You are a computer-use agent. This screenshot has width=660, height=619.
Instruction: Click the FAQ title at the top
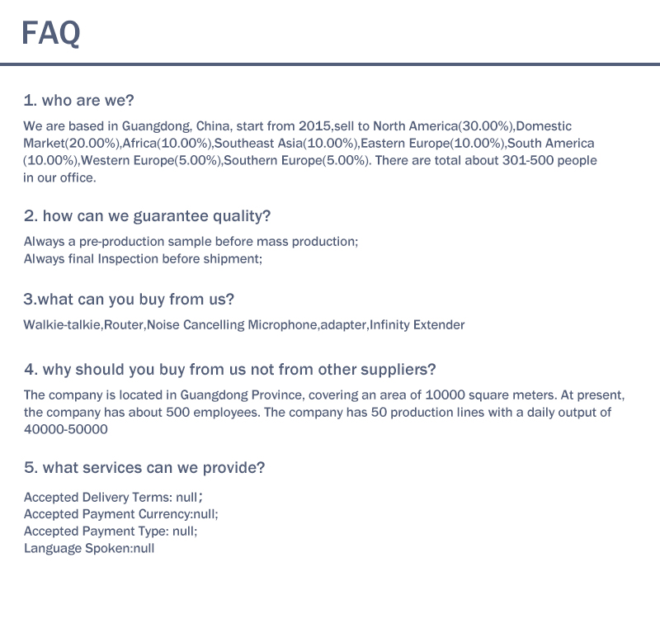click(50, 33)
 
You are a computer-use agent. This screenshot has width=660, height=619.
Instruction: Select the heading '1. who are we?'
click(78, 101)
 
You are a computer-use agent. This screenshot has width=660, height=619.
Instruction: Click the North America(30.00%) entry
click(444, 126)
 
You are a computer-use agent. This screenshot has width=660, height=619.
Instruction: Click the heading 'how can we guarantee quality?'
click(156, 216)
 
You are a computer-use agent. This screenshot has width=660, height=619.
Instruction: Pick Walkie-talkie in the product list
click(63, 325)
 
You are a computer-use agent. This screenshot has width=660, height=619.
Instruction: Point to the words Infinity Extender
click(417, 325)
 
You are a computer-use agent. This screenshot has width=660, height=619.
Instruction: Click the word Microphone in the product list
click(282, 325)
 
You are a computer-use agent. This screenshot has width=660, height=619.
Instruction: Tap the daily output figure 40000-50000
click(66, 429)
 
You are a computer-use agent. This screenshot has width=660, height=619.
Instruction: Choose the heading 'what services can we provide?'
click(144, 468)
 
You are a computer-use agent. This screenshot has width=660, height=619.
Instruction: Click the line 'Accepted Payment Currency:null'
click(120, 514)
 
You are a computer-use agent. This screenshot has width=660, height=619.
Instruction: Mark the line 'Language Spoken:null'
click(89, 548)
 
